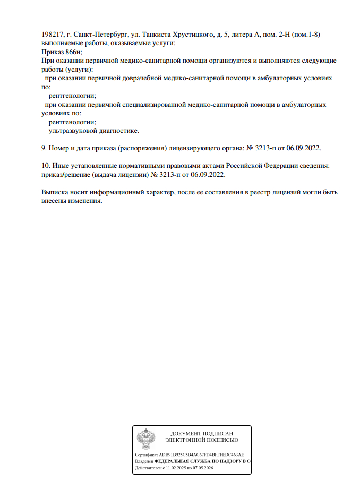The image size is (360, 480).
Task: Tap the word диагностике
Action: [x=120, y=130]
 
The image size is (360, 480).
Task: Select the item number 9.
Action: [x=44, y=148]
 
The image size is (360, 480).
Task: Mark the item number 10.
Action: [x=45, y=166]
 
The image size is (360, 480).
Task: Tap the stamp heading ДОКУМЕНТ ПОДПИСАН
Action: [x=202, y=433]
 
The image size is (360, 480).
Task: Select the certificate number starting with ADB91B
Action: [x=201, y=455]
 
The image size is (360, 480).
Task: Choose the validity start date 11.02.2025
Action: [x=175, y=469]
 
